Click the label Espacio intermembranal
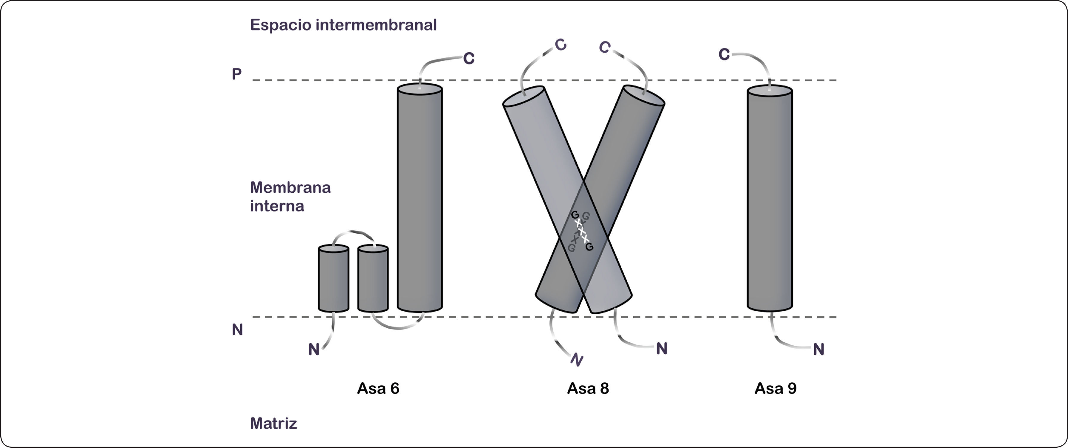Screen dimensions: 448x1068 343,25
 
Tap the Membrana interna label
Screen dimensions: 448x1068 290,197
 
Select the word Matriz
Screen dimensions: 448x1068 274,424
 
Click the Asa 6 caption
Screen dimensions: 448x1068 378,389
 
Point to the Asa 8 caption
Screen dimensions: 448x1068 588,389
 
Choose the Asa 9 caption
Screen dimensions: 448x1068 775,389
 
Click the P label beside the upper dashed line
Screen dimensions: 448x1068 236,74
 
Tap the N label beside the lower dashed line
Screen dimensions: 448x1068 237,330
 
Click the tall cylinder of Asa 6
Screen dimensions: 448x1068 420,199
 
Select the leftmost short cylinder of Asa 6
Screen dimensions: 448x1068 333,279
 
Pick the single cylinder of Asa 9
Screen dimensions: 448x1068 770,199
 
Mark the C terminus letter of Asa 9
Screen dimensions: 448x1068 724,54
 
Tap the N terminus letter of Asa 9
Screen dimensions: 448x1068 818,350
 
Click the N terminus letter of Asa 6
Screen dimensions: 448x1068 314,350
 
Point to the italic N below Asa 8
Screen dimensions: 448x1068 577,360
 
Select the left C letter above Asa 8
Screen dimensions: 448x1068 561,45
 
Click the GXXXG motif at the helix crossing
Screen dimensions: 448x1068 582,231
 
